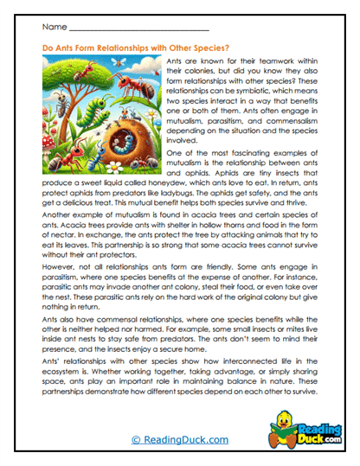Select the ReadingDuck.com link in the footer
[180, 440]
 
